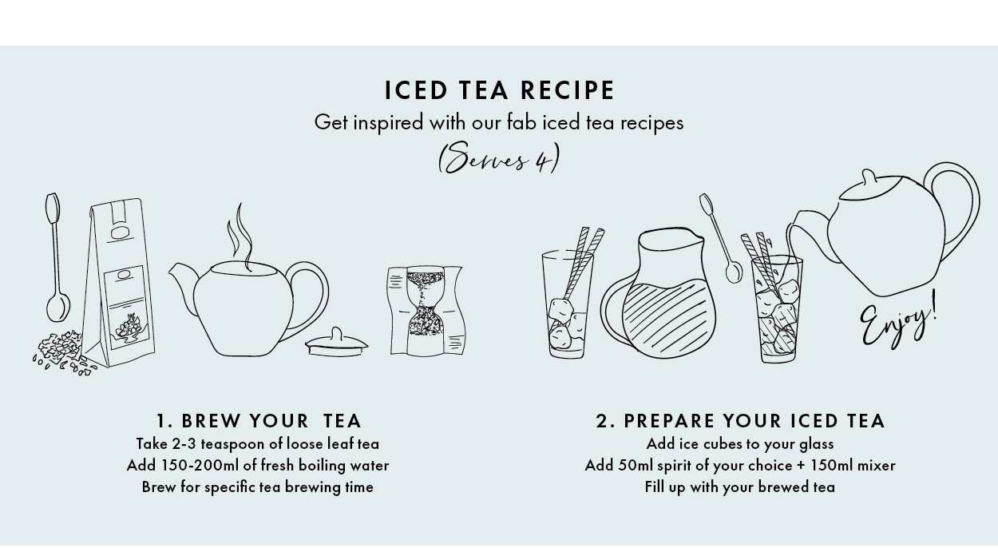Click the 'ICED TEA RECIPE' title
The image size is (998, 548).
coord(500,90)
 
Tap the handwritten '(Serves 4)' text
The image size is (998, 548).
coord(499,159)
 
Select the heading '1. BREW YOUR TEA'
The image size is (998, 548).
coord(259,420)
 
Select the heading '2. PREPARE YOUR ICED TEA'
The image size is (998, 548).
coord(740,420)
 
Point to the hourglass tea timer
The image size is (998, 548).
coord(426,311)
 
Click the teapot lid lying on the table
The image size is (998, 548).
coord(336,343)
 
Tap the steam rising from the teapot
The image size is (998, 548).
coord(240,236)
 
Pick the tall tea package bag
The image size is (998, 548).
coord(119,283)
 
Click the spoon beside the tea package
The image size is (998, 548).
coord(57,257)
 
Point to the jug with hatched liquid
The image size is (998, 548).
coord(659,293)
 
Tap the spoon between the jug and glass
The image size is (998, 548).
coord(721,239)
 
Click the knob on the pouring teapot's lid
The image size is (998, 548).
coord(869,177)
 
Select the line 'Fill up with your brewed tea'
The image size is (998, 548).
coord(740,487)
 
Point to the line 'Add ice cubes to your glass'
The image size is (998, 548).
coord(740,444)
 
